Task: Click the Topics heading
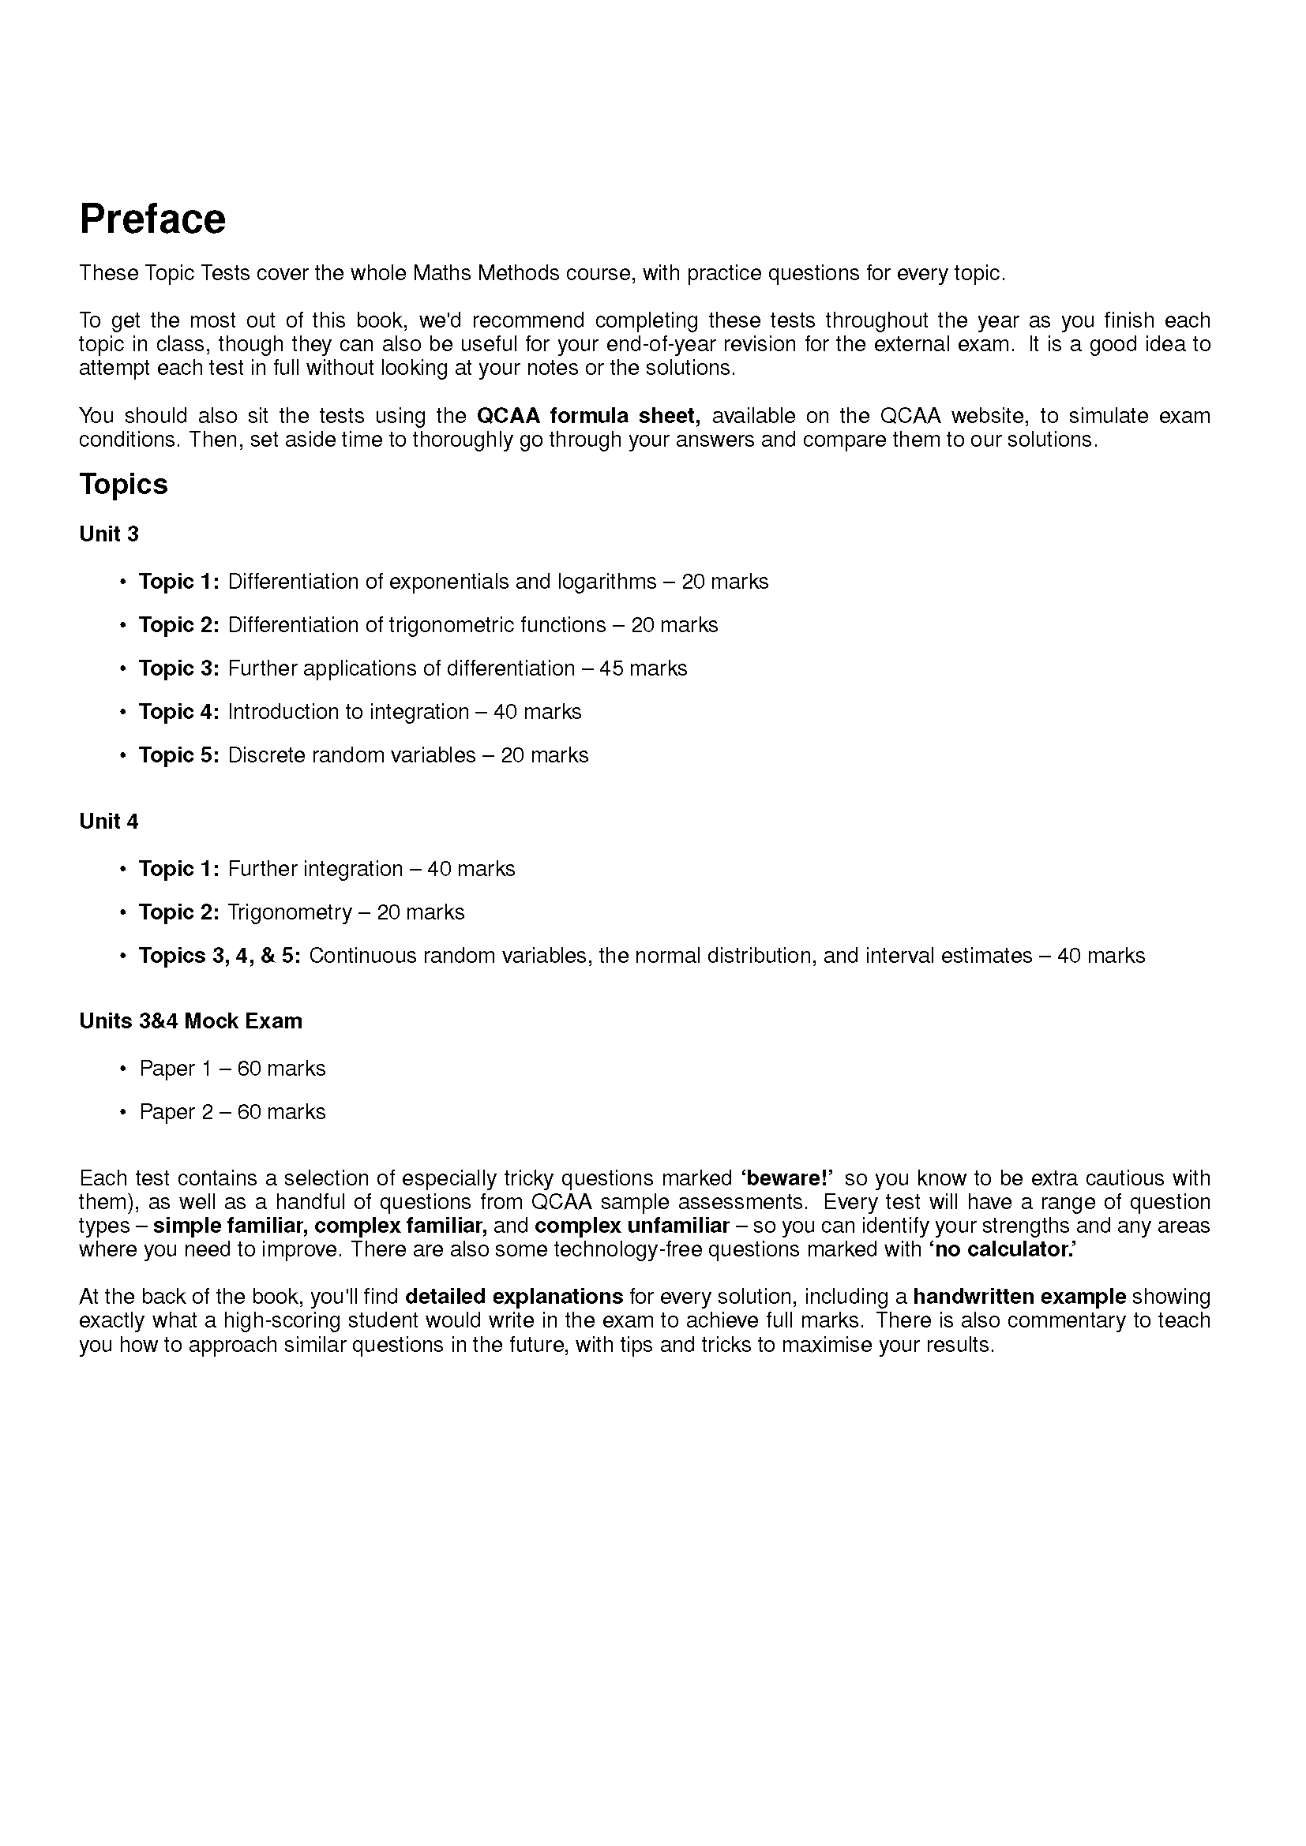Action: (123, 484)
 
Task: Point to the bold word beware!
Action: (786, 1178)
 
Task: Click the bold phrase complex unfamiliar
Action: (632, 1226)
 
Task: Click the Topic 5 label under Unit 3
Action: (178, 755)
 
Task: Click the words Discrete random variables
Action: (351, 755)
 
